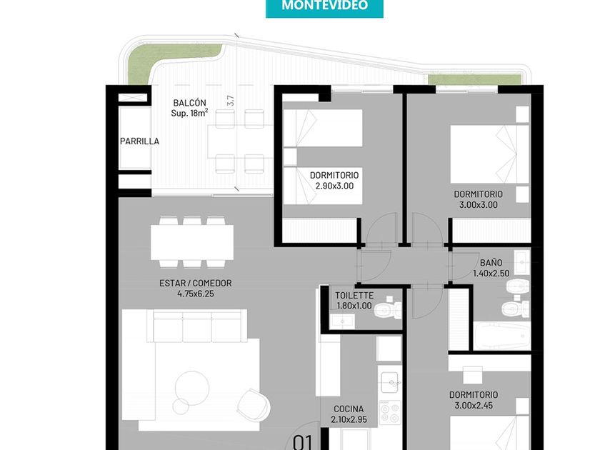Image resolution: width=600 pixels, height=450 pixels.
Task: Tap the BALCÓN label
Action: tap(189, 103)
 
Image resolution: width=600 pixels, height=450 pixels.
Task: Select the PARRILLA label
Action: tap(140, 141)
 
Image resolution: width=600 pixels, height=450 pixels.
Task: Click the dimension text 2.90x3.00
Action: tap(334, 186)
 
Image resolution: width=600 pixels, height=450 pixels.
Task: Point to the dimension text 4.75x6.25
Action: tap(196, 294)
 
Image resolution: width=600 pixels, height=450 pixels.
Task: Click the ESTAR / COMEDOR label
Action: tap(196, 283)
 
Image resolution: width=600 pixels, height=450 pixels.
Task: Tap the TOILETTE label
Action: tap(354, 296)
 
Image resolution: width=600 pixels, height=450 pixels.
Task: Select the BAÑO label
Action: tap(491, 263)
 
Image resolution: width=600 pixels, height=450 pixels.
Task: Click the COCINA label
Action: tap(349, 409)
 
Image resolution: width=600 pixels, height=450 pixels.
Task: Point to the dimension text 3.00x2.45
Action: tap(474, 406)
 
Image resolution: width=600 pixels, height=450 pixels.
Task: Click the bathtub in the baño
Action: tap(501, 336)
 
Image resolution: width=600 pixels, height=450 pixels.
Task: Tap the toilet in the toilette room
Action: tap(388, 310)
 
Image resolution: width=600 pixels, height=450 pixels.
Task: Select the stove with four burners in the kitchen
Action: tap(390, 413)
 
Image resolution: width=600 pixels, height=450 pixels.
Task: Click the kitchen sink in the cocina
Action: tap(390, 382)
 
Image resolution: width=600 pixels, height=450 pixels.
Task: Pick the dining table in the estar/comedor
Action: tap(192, 242)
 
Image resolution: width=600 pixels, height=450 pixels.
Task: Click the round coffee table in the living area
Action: tap(192, 389)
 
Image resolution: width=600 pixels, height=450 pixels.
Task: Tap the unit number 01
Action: tap(303, 442)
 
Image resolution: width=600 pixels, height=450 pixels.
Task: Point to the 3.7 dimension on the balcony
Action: tap(230, 100)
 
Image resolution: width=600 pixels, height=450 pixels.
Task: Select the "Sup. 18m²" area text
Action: tap(189, 113)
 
